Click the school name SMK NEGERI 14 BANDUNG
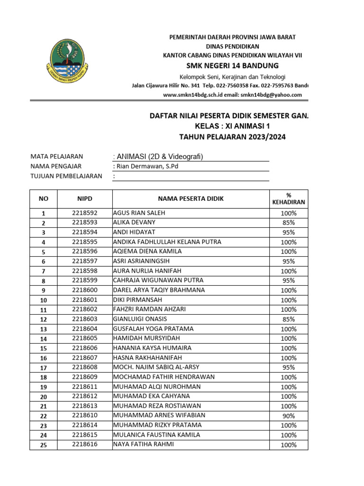pyautogui.click(x=232, y=65)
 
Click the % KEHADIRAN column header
pyautogui.click(x=288, y=199)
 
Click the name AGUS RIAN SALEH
pyautogui.click(x=139, y=213)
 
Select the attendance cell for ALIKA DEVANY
pyautogui.click(x=288, y=223)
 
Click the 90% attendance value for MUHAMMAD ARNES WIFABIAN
pyautogui.click(x=288, y=416)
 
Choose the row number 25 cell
pyautogui.click(x=43, y=445)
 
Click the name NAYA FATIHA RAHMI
pyautogui.click(x=143, y=444)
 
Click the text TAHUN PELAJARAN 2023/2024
pyautogui.click(x=232, y=137)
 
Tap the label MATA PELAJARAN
pyautogui.click(x=56, y=156)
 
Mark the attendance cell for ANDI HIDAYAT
pyautogui.click(x=288, y=233)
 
